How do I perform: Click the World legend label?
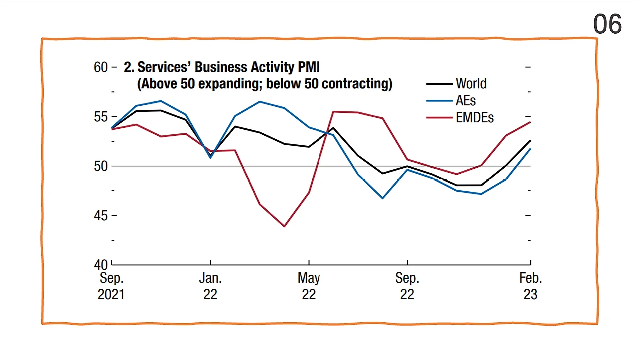(x=471, y=84)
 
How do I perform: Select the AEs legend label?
(x=466, y=100)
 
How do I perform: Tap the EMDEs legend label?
(x=475, y=117)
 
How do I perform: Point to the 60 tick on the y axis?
(x=101, y=67)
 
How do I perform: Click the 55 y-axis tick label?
(x=101, y=117)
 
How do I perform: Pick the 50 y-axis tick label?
(x=101, y=166)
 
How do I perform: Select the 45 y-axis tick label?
(x=101, y=215)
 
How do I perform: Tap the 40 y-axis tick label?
(x=101, y=264)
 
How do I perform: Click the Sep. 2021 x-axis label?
(x=111, y=286)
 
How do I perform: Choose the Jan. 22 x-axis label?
(x=210, y=286)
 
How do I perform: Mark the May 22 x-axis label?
(x=309, y=286)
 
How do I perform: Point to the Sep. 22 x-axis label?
(x=407, y=286)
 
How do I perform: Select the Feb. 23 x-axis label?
(x=530, y=286)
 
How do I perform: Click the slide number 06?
(x=607, y=24)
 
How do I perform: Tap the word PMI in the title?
(x=308, y=67)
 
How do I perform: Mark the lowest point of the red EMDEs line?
(x=284, y=226)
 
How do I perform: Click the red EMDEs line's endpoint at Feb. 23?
(x=530, y=122)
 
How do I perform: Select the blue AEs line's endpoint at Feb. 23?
(x=530, y=149)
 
